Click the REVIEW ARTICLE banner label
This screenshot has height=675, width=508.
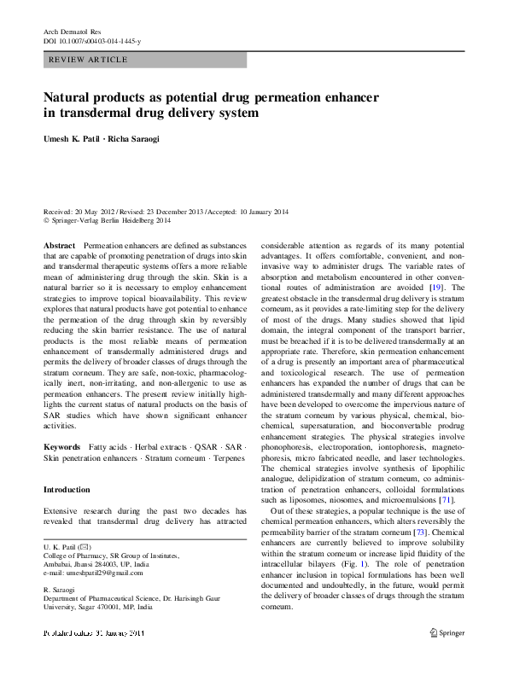click(x=89, y=60)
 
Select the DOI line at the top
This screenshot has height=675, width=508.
click(x=93, y=41)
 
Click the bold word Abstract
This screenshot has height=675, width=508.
click(x=60, y=244)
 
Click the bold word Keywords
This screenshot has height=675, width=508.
click(x=62, y=446)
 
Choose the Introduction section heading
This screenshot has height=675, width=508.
click(x=67, y=490)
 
